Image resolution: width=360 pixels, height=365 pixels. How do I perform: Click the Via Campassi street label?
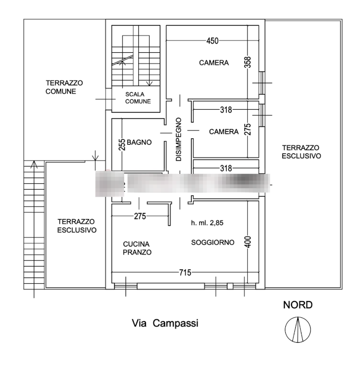coord(165,324)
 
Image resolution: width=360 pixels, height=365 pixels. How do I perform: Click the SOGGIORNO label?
coord(213,242)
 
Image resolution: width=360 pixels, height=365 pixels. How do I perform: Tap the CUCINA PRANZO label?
coord(137,248)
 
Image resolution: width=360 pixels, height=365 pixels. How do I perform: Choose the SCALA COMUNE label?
coord(138,98)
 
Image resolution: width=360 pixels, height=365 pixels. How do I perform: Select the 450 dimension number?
coord(212,41)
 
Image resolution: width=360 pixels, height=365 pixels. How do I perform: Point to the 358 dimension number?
coord(247,62)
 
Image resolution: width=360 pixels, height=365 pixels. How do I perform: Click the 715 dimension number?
coord(185,272)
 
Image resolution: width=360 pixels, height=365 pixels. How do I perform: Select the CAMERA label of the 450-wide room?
coord(214,63)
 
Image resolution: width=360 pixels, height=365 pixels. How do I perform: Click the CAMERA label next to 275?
coord(224,132)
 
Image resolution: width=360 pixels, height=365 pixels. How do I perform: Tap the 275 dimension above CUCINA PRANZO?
coord(139,216)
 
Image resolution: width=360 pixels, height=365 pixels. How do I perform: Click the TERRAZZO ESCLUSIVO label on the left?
coord(77,226)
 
